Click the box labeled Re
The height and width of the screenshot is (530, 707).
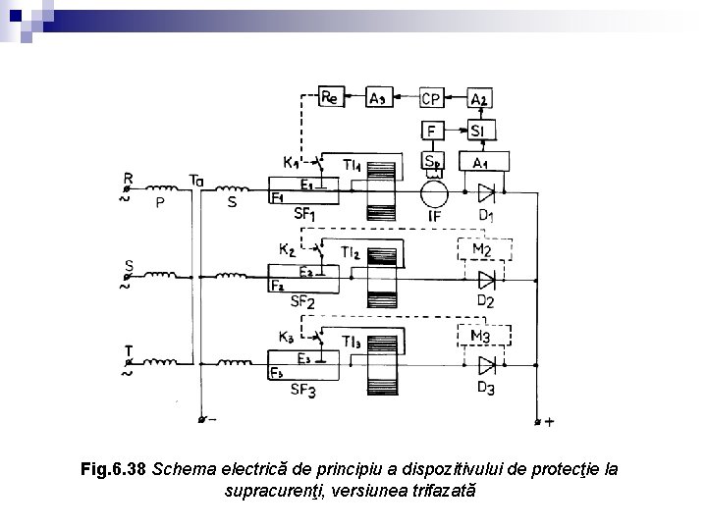(330, 97)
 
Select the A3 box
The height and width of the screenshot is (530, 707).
(379, 97)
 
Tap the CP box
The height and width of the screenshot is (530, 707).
(431, 97)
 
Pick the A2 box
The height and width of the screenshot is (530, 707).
(480, 97)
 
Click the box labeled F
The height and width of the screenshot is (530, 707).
(431, 129)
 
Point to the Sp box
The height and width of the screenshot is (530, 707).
(431, 161)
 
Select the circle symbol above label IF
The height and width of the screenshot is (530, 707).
(432, 190)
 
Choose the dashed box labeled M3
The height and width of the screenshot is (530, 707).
(481, 337)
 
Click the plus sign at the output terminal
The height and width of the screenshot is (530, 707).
(548, 423)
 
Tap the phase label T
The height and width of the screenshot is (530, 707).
(128, 350)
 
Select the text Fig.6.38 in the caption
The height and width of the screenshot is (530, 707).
(114, 469)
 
